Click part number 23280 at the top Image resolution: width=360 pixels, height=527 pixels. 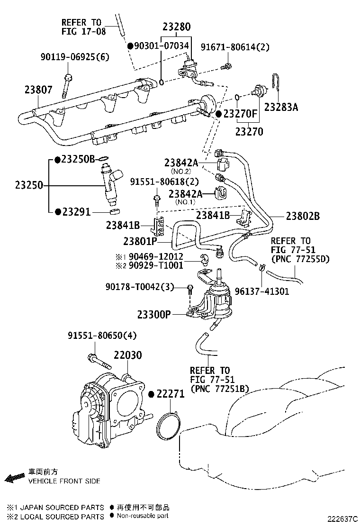click(x=177, y=27)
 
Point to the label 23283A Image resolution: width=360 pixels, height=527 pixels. click(x=281, y=107)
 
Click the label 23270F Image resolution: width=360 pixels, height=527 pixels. click(x=240, y=114)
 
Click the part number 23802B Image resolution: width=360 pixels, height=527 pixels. click(x=303, y=216)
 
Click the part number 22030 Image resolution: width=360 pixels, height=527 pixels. click(x=127, y=355)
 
